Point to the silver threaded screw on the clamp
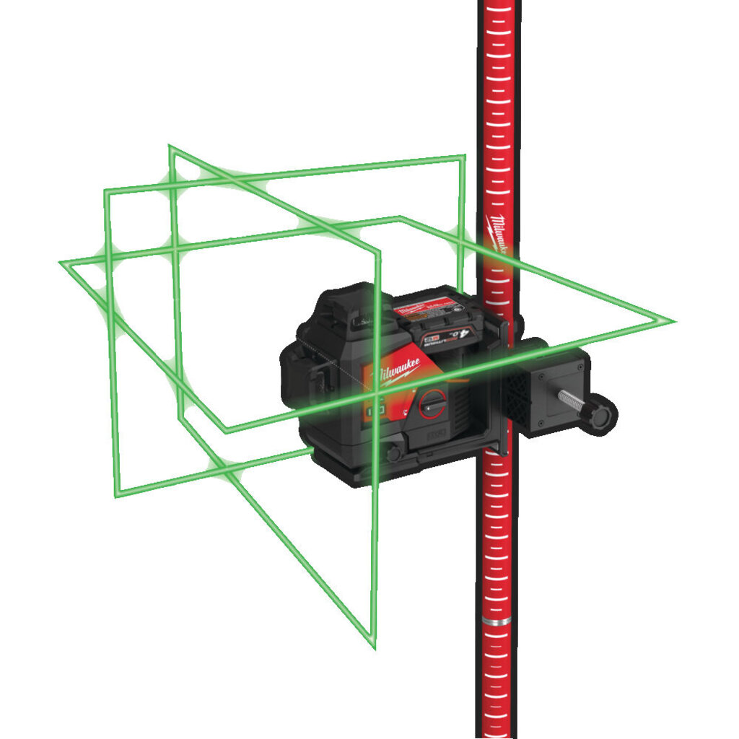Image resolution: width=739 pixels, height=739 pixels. (572, 399)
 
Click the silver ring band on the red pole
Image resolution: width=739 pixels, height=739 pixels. (497, 621)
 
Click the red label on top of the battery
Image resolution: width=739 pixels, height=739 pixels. (421, 309)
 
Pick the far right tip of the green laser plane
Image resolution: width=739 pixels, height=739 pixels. (673, 321)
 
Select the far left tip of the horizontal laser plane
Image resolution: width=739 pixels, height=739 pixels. (61, 263)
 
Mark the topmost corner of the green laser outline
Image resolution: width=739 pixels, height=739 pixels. (170, 147)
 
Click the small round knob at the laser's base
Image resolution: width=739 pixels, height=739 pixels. (394, 454)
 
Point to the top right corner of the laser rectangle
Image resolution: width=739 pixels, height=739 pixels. (463, 157)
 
